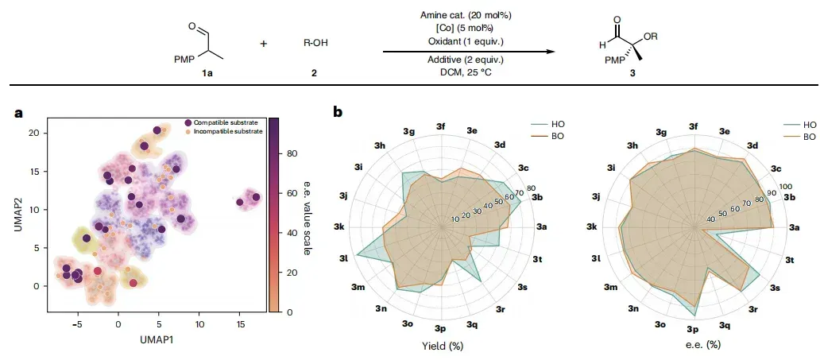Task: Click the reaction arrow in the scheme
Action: point(468,52)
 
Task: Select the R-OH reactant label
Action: point(316,43)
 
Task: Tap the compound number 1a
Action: point(208,74)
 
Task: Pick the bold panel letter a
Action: point(19,113)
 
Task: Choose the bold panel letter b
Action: point(338,111)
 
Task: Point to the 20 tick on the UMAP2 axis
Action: point(36,133)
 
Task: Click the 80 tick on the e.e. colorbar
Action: point(293,154)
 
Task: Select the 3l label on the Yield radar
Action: point(343,258)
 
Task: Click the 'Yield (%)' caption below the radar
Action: point(443,346)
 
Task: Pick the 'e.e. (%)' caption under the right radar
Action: point(694,345)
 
